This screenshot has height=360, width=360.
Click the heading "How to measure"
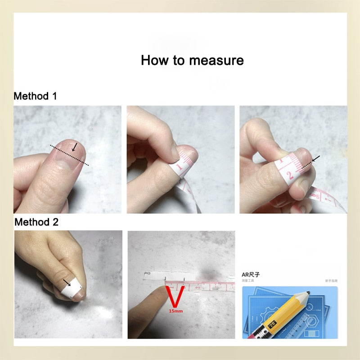click(192, 60)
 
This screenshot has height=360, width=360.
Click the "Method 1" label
click(35, 96)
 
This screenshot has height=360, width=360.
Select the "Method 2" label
click(36, 222)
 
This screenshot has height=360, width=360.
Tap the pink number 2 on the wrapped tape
click(291, 173)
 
